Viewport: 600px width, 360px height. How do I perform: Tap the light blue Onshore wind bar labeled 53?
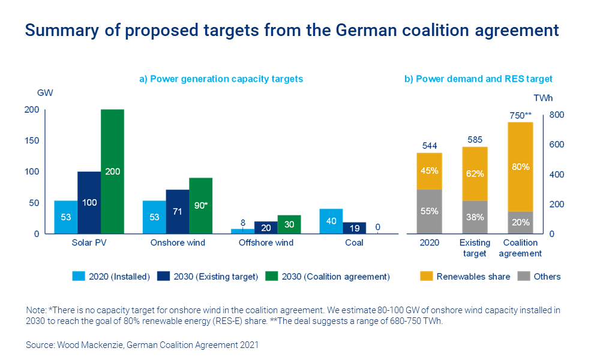click(x=154, y=217)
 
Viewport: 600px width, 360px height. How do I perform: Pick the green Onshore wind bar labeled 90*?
click(x=201, y=205)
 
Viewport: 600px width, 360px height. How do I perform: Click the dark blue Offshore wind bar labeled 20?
click(x=266, y=227)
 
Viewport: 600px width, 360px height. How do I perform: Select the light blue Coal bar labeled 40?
click(x=331, y=221)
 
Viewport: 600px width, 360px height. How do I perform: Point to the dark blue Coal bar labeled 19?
click(x=354, y=227)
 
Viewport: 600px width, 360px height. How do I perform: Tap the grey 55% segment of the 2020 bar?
click(x=429, y=211)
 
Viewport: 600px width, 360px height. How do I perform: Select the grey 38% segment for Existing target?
click(x=475, y=217)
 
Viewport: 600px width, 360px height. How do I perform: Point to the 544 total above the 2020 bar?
click(x=429, y=145)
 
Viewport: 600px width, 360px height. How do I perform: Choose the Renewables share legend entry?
click(x=466, y=277)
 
